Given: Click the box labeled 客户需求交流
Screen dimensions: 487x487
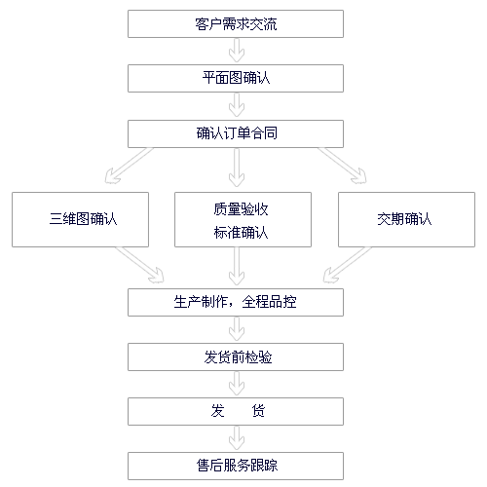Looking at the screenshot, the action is click(x=236, y=24).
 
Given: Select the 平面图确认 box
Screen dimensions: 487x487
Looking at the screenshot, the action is click(x=236, y=78).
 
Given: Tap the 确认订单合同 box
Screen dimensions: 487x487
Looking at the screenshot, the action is click(x=236, y=133).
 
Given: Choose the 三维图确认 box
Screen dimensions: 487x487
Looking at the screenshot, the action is click(x=80, y=219).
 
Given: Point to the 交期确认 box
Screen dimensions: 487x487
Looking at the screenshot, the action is click(x=406, y=219).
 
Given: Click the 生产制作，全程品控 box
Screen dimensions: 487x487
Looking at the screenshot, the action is click(x=236, y=302).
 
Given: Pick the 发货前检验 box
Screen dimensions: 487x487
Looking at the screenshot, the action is click(x=236, y=356).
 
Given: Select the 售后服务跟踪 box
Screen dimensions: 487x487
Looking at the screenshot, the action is click(x=236, y=466).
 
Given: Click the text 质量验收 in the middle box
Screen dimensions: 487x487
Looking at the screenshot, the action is click(x=241, y=209).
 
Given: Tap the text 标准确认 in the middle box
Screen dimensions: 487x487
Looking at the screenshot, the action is click(x=241, y=233).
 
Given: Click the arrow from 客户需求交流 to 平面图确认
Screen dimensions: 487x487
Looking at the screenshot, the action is click(x=237, y=51).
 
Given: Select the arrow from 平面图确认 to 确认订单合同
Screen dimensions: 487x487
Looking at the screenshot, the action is click(x=237, y=105).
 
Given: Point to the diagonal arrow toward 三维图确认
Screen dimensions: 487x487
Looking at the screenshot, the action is click(x=129, y=166).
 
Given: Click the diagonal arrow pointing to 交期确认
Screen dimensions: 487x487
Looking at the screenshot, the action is click(x=343, y=166).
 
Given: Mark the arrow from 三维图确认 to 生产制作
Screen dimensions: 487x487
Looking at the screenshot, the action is click(x=139, y=265).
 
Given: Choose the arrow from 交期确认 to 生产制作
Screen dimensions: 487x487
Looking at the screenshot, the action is click(x=348, y=265).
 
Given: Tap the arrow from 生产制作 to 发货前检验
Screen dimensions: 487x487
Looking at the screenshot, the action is click(x=237, y=329).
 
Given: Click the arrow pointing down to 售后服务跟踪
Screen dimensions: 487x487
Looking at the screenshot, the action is click(x=237, y=438).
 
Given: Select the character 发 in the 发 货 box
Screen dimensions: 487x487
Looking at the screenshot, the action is click(x=217, y=411).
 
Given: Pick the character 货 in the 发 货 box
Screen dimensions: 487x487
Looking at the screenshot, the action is click(x=258, y=411).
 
